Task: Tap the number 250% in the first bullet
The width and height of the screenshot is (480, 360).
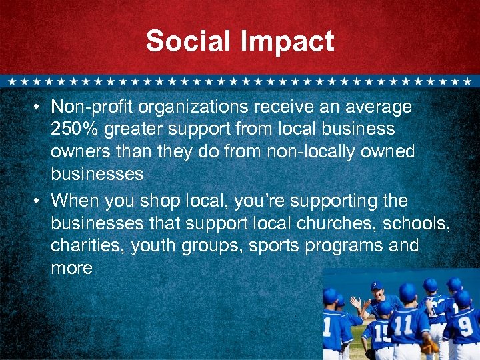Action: point(71,129)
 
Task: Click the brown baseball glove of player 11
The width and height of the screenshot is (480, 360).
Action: point(427,347)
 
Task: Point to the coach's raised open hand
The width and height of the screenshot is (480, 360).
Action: point(355,303)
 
